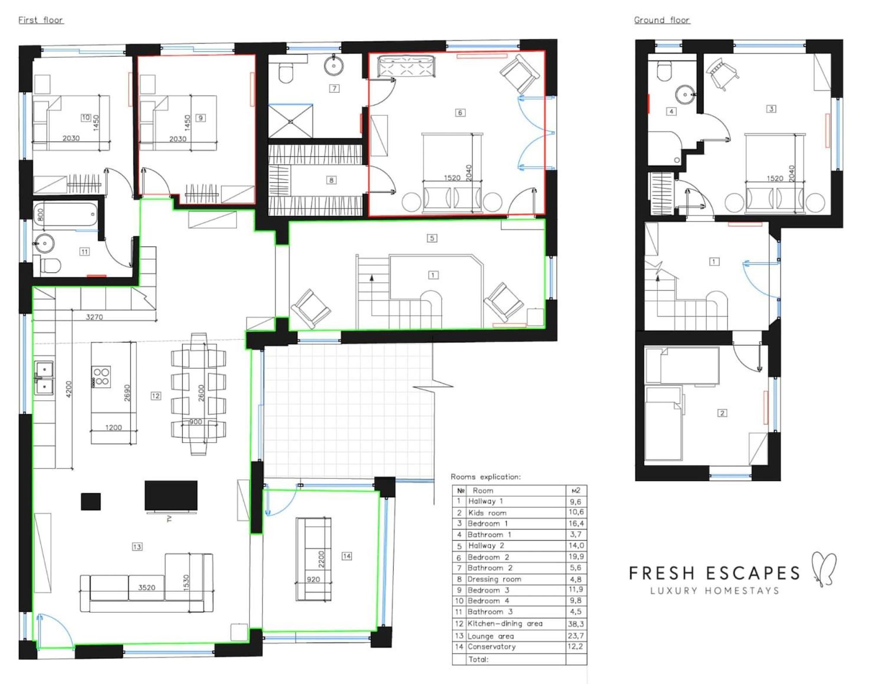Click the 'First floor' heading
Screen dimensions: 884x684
pos(41,20)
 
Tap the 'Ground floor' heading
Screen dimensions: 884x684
pos(662,20)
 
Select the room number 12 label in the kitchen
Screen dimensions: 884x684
pos(156,396)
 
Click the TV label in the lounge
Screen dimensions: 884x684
pos(169,519)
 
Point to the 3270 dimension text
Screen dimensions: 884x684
pos(94,317)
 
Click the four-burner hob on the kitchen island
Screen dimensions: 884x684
pos(101,377)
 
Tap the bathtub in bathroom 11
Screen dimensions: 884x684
pos(65,214)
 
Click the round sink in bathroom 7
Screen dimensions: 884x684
pos(334,66)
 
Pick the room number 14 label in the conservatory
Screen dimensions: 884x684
pos(347,556)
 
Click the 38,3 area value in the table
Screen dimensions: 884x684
pos(575,624)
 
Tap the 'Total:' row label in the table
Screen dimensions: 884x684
pos(478,659)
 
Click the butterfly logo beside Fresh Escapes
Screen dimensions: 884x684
pos(824,569)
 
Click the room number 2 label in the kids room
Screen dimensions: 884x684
pos(722,413)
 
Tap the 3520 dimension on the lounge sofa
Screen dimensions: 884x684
pos(147,587)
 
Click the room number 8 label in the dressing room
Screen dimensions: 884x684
pos(331,180)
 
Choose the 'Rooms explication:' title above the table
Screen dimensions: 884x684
pos(486,477)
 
